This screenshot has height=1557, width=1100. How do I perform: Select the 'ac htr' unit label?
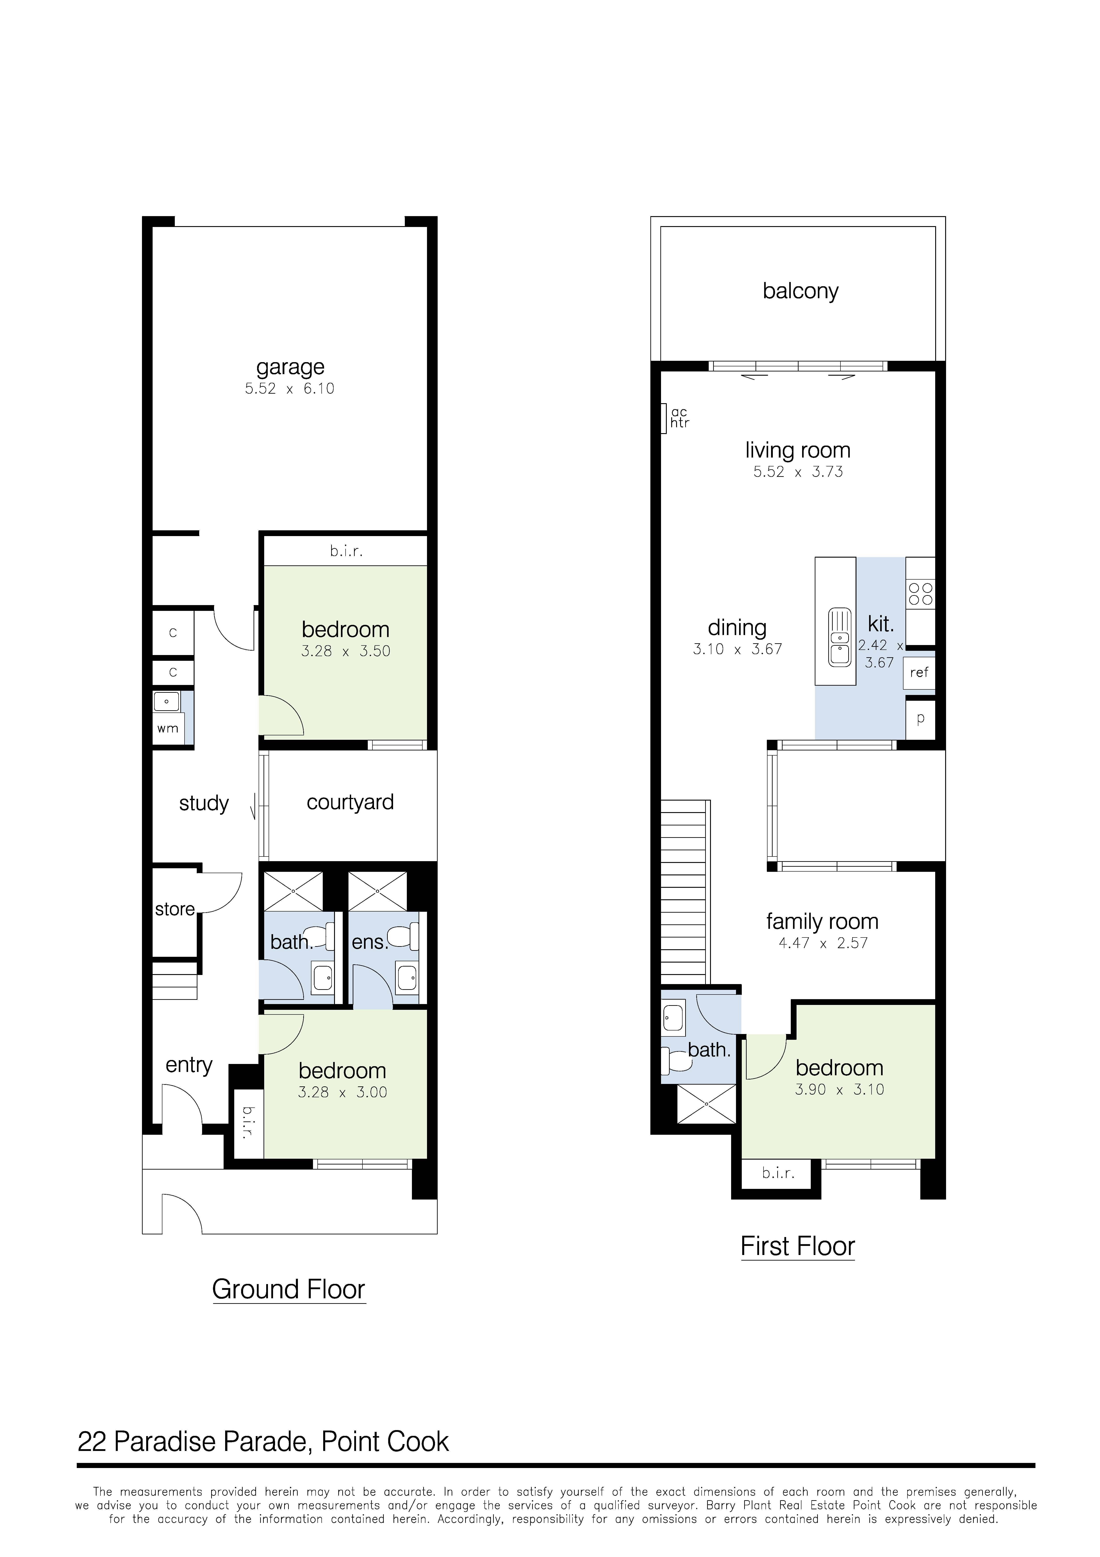pyautogui.click(x=679, y=418)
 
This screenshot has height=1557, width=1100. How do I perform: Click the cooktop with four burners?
pyautogui.click(x=920, y=594)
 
